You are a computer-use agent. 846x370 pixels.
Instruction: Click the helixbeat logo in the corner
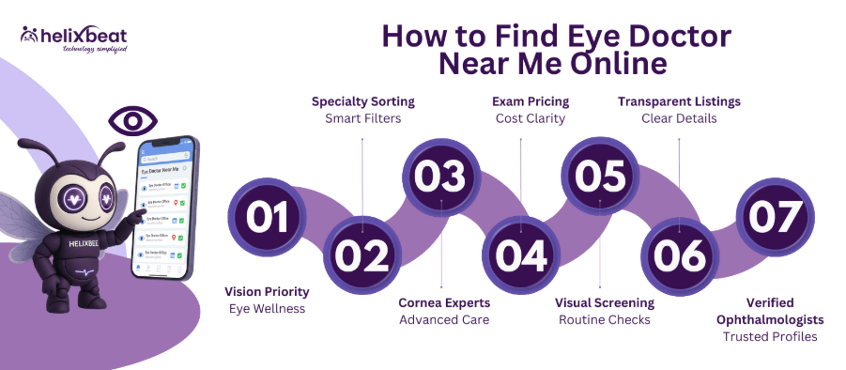pos(72,38)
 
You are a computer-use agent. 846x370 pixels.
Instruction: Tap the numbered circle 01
pos(266,217)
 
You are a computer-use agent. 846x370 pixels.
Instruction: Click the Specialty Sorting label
pos(362,100)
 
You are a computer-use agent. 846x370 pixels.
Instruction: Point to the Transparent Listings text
pos(679,100)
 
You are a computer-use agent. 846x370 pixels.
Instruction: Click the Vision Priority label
pos(266,290)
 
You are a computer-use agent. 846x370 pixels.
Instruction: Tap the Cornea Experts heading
pos(443,302)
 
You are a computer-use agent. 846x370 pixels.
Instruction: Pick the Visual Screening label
pos(605,302)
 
